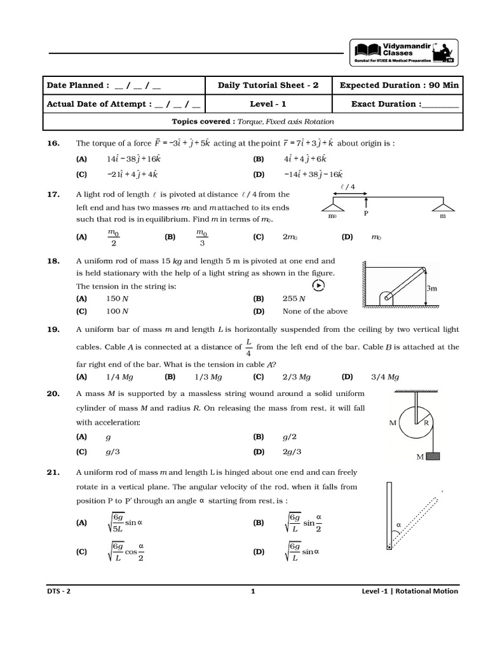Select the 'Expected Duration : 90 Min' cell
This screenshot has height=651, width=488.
pyautogui.click(x=399, y=85)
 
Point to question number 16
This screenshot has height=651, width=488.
pyautogui.click(x=52, y=144)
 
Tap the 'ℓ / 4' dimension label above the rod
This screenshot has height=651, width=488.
pyautogui.click(x=349, y=186)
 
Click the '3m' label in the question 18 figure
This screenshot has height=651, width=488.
pyautogui.click(x=431, y=288)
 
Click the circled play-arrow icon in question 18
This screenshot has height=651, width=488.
pyautogui.click(x=319, y=285)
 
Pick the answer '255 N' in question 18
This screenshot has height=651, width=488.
pyautogui.click(x=294, y=298)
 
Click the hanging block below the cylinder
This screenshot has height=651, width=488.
pyautogui.click(x=435, y=456)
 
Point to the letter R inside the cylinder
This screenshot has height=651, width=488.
pyautogui.click(x=427, y=423)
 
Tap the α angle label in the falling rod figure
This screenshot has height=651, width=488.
pyautogui.click(x=398, y=525)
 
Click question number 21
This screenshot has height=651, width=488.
pyautogui.click(x=52, y=472)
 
